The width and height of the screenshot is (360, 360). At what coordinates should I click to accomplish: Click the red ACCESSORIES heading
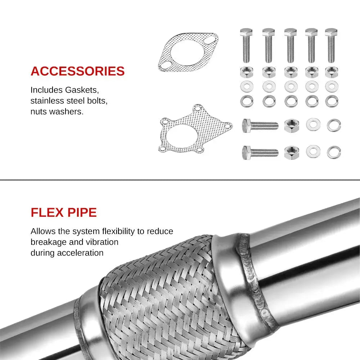point(77,71)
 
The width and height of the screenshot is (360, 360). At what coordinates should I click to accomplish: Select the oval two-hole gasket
point(188,52)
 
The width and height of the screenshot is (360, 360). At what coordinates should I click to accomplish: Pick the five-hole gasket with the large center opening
point(195,129)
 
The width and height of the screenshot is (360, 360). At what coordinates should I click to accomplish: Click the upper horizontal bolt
point(260,125)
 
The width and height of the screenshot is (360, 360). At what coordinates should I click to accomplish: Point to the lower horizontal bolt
point(260,152)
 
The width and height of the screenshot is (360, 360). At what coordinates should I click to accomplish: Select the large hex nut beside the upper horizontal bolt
point(291,125)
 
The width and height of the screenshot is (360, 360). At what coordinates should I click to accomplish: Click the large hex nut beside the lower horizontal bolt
point(291,152)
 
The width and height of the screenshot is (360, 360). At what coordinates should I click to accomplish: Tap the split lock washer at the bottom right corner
point(334,152)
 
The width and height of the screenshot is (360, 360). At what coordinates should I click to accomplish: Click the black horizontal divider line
point(180,180)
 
